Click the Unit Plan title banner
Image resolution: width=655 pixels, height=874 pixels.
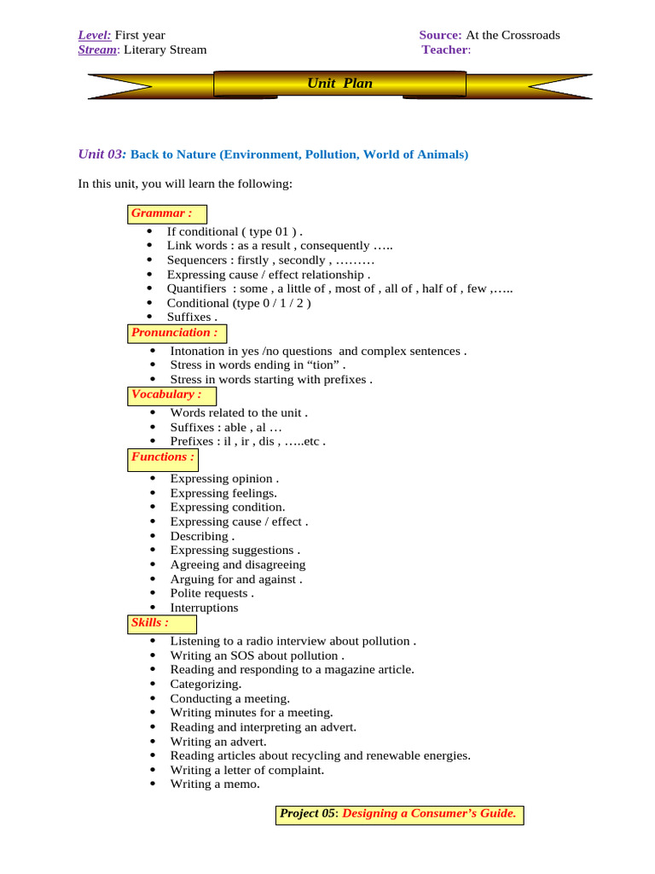[x=339, y=84]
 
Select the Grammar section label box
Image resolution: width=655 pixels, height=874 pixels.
[x=168, y=213]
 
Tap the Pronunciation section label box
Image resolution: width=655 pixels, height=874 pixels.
[x=176, y=333]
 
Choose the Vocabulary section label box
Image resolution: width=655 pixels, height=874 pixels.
[x=171, y=395]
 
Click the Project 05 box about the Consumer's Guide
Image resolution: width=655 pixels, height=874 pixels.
[x=399, y=814]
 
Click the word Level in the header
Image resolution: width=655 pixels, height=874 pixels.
[x=94, y=35]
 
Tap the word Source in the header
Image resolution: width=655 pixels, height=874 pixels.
[x=440, y=35]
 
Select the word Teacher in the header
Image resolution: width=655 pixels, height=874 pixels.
[x=444, y=50]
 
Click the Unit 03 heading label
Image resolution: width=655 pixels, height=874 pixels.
[x=101, y=154]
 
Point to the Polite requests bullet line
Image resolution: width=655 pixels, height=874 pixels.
[x=212, y=593]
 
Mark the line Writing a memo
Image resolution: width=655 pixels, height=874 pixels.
[x=215, y=784]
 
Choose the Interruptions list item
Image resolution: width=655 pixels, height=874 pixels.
[x=204, y=608]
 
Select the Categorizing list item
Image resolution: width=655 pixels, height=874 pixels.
[x=206, y=685]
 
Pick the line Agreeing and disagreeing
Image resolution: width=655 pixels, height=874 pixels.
[x=237, y=565]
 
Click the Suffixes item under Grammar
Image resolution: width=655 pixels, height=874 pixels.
[x=186, y=318]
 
